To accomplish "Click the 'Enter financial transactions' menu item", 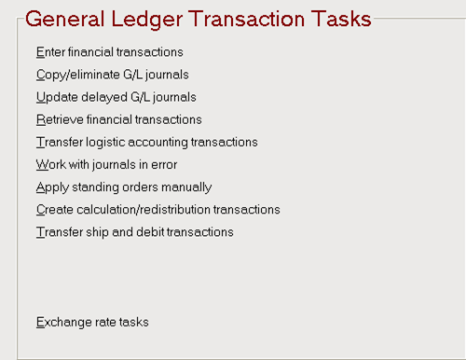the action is [x=110, y=52].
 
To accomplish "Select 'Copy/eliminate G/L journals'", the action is [x=113, y=75].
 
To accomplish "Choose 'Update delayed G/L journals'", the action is [x=116, y=97].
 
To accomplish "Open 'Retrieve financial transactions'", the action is [x=119, y=119].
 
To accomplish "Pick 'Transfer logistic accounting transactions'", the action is [x=147, y=143].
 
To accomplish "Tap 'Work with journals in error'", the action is [x=106, y=165].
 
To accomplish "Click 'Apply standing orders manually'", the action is [x=124, y=187].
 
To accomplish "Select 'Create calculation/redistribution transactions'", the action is [x=158, y=210].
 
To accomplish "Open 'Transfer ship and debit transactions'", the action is [x=135, y=232].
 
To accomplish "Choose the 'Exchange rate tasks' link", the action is [x=92, y=322].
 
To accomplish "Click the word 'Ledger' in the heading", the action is [x=146, y=20].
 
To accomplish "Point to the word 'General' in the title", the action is [x=65, y=19].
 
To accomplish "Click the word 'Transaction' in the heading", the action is [x=247, y=19].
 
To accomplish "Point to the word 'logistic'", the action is [x=105, y=143].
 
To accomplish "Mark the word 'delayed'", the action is [x=104, y=98].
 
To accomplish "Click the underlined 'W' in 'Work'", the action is [x=42, y=165].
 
